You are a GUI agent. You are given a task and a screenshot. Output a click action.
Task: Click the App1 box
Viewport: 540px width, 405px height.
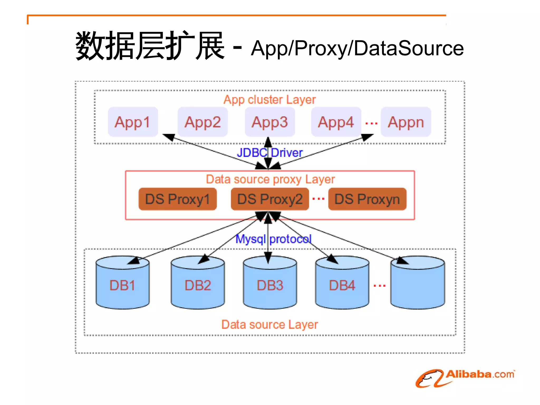[133, 122]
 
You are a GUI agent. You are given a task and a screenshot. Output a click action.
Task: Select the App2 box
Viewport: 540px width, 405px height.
[202, 122]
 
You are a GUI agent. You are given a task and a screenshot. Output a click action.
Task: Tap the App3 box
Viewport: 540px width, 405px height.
[270, 122]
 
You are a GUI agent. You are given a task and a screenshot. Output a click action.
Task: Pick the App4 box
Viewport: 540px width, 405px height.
[336, 122]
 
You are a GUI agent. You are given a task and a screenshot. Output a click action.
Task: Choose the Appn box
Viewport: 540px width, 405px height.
[406, 122]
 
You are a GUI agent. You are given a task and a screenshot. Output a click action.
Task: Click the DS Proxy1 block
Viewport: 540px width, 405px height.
[177, 199]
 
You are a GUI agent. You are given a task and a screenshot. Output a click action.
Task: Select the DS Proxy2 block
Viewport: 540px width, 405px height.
[270, 199]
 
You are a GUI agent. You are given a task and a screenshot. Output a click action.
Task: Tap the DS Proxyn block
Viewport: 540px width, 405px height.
[367, 199]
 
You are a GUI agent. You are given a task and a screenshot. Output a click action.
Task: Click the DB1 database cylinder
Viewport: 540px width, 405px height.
[122, 285]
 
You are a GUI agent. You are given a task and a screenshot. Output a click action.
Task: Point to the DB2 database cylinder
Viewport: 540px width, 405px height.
[198, 285]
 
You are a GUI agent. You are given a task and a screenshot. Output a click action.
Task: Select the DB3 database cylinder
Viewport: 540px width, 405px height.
[270, 285]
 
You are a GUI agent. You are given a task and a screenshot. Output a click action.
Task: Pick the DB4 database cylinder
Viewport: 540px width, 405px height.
[342, 285]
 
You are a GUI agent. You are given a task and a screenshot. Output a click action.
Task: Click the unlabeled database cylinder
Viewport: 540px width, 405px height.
[418, 285]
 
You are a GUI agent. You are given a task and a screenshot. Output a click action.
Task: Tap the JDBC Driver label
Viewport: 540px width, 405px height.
[270, 153]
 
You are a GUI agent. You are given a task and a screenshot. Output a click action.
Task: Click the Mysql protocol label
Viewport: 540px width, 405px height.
[273, 239]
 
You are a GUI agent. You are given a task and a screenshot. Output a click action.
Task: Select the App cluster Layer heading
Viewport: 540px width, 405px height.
[269, 100]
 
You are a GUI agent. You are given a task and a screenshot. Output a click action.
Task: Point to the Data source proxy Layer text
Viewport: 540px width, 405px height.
[270, 179]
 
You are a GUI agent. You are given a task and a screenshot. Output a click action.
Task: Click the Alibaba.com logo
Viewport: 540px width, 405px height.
[465, 378]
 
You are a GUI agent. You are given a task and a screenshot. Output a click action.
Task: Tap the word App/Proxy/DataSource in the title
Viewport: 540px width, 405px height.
[357, 48]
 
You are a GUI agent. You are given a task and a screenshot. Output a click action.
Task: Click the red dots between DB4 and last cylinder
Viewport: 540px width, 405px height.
[380, 285]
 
